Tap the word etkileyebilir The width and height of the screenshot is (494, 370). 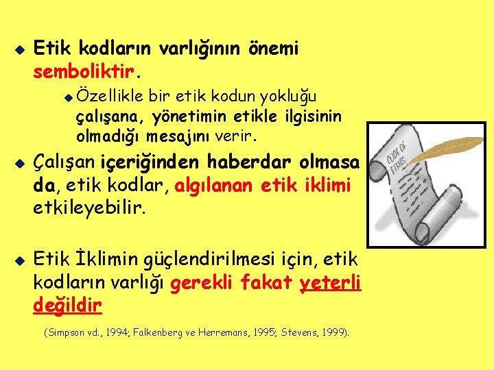click(89, 207)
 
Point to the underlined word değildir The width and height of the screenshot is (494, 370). click(68, 304)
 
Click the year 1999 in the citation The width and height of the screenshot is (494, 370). click(333, 333)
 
